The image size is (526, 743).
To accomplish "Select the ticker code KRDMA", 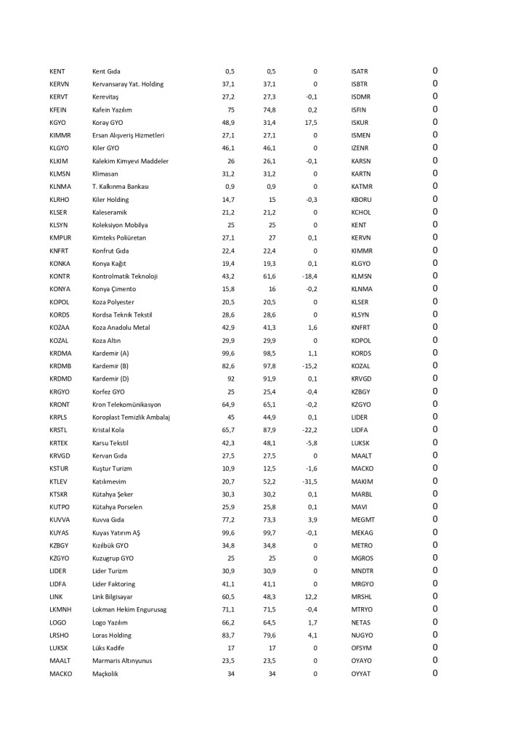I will (x=60, y=353).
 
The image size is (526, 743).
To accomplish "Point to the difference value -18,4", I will (x=310, y=276).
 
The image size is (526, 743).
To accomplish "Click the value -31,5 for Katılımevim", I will (x=310, y=481).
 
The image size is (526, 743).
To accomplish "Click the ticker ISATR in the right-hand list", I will (x=360, y=71).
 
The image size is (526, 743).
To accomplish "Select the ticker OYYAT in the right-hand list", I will (x=361, y=673).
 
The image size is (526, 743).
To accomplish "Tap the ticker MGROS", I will (x=362, y=558).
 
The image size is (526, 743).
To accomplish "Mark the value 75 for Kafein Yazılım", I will (x=230, y=110).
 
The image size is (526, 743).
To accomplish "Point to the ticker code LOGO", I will (x=58, y=622).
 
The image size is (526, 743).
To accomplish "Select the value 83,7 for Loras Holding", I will (x=228, y=635).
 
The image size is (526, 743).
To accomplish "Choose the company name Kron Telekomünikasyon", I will (x=127, y=404).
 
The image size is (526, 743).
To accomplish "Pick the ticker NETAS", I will (x=361, y=622).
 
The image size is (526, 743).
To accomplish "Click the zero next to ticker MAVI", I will (x=435, y=506).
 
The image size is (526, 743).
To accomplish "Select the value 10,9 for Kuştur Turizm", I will (x=228, y=468).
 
